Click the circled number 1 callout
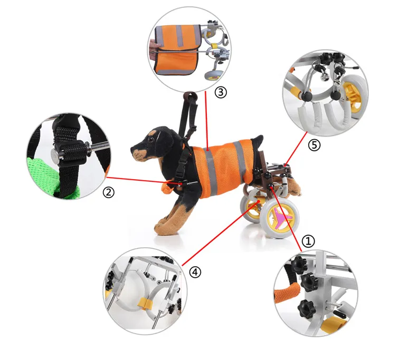308,241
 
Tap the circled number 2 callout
109,192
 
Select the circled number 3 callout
221,92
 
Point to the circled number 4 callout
195,272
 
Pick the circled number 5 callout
315,145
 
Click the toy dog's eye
151,139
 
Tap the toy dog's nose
133,149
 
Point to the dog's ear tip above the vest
258,140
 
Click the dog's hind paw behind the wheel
293,187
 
